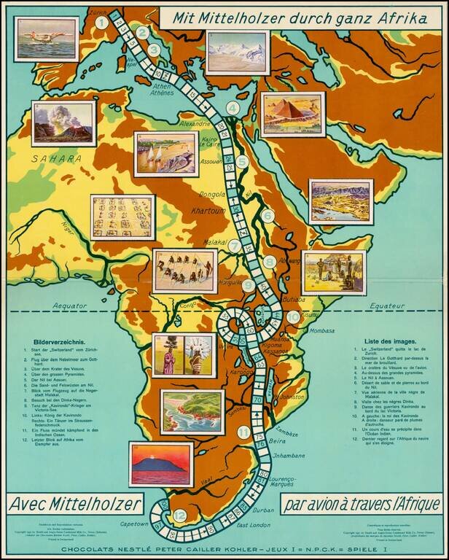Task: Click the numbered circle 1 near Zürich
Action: pos(102,22)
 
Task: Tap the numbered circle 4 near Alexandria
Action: pos(233,109)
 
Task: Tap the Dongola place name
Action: pos(214,195)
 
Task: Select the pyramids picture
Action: pos(293,113)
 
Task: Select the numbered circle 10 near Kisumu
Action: pos(293,317)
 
